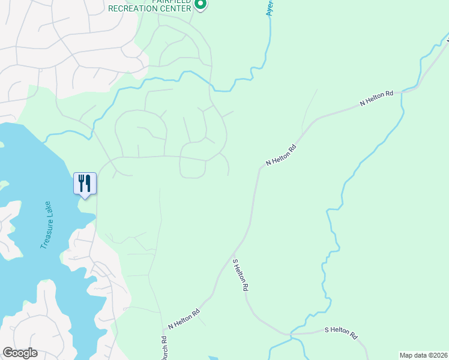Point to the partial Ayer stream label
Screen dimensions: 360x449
[x=270, y=9]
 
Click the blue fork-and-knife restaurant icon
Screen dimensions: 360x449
[x=85, y=182]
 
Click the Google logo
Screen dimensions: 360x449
[x=20, y=353]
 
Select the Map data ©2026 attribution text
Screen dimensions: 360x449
[x=424, y=355]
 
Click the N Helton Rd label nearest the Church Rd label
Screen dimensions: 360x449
[x=184, y=319]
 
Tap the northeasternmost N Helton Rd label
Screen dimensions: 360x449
[x=376, y=99]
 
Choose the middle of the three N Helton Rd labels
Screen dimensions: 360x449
[x=282, y=155]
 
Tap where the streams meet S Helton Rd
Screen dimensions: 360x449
[x=291, y=333]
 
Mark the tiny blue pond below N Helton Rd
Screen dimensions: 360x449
[x=212, y=358]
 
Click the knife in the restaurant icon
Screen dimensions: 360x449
[x=88, y=182]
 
